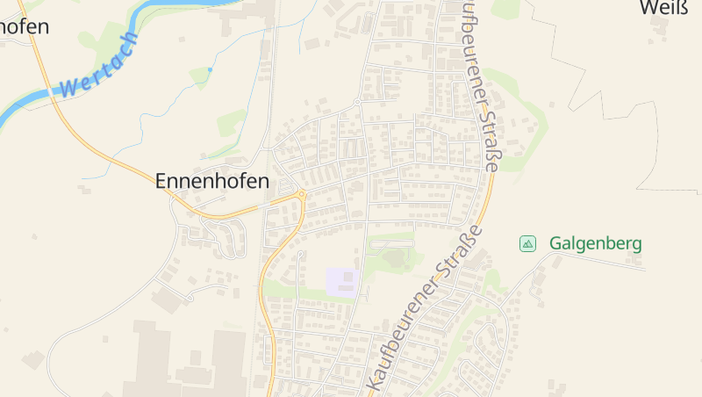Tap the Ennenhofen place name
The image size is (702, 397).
[x=212, y=182]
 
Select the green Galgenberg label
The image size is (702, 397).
[x=596, y=243]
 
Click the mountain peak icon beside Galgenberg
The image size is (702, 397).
[x=527, y=243]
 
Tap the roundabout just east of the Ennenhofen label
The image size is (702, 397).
[x=301, y=193]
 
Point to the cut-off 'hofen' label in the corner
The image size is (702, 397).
[x=24, y=26]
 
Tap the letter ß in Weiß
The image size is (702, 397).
[x=677, y=8]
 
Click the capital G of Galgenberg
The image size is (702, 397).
[x=556, y=243]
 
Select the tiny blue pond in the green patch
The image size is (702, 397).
[x=211, y=68]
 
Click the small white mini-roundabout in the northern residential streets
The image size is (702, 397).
[x=357, y=102]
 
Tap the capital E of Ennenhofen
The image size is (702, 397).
[x=161, y=182]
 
